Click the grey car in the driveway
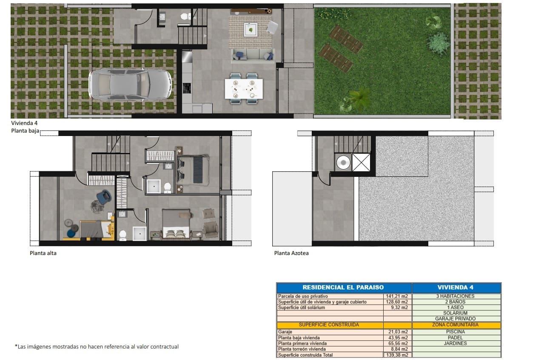click(130, 85)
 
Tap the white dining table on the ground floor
click(244, 88)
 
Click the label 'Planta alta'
click(43, 253)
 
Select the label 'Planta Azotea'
click(291, 253)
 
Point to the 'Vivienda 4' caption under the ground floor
click(24, 123)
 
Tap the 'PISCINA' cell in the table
click(456, 332)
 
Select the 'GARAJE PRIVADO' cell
click(456, 319)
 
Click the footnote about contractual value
click(97, 347)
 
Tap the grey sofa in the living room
click(252, 56)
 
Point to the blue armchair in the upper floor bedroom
click(104, 196)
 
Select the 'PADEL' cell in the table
click(456, 337)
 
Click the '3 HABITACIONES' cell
click(456, 296)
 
